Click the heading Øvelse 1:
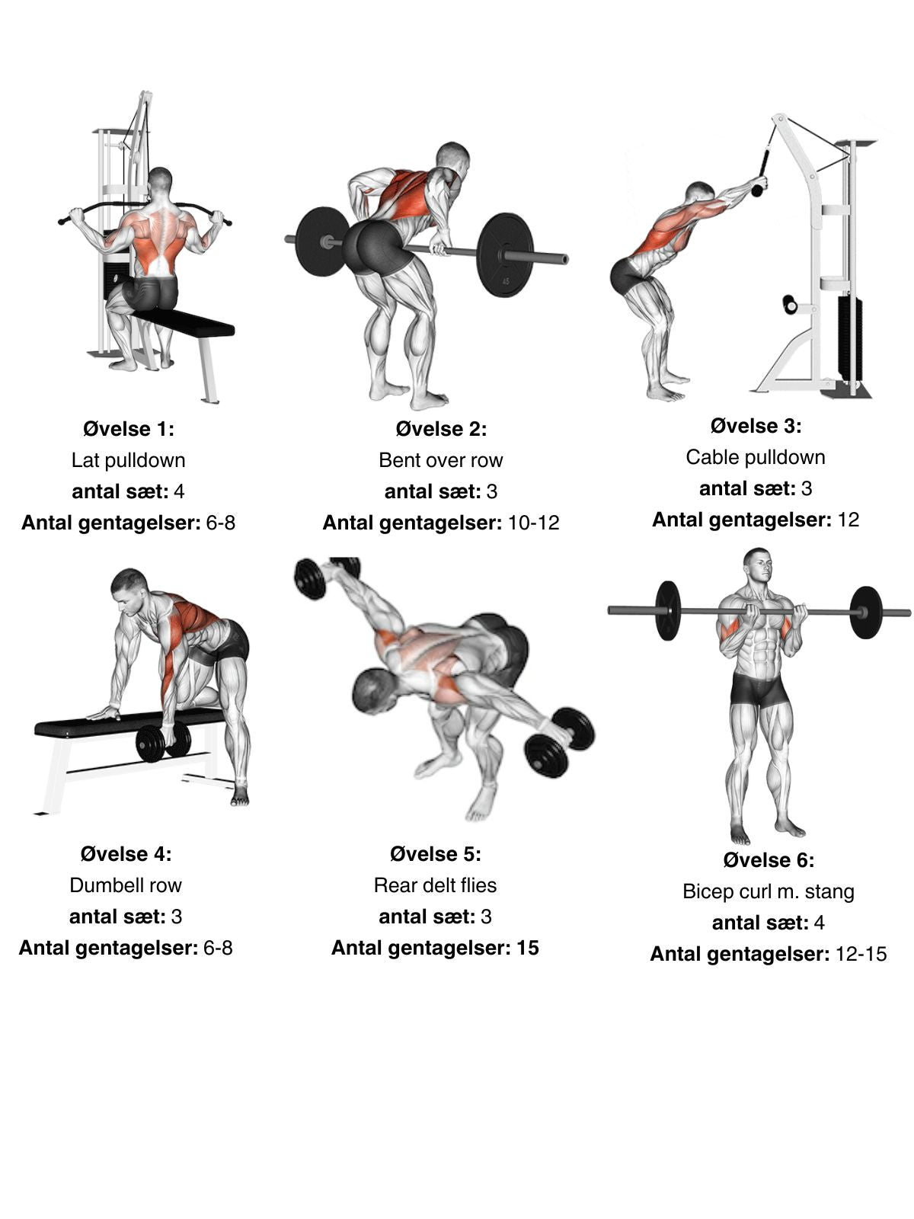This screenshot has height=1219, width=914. [128, 429]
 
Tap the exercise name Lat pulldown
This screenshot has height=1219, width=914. [128, 460]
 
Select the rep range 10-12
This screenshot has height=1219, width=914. [533, 523]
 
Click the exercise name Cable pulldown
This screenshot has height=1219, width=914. [756, 458]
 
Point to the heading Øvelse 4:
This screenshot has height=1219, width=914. [126, 854]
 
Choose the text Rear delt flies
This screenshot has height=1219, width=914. [435, 885]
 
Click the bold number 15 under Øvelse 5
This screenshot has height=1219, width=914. [528, 948]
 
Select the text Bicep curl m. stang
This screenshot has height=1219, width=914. [768, 892]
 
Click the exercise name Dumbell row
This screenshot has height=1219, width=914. [126, 885]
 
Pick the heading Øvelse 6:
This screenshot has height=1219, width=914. [769, 860]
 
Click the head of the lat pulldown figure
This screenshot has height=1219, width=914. [161, 181]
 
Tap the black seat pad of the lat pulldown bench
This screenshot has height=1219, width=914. [183, 323]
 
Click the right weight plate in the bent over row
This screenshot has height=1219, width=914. [505, 255]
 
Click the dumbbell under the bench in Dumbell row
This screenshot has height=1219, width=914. [164, 743]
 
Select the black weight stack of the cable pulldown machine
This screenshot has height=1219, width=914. [850, 339]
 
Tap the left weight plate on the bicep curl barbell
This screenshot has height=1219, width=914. [668, 610]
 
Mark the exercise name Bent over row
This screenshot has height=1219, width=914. [441, 460]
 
